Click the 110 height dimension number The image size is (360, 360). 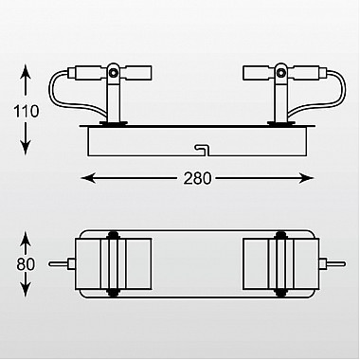[27, 112]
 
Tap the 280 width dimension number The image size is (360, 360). [197, 178]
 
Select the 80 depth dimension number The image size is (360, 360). [26, 264]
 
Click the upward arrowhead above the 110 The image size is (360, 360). [26, 72]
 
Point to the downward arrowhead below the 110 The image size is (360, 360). [26, 148]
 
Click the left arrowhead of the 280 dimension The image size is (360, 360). [89, 178]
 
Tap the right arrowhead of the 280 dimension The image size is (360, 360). [306, 178]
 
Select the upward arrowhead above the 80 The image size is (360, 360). [26, 239]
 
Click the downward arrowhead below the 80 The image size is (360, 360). [26, 289]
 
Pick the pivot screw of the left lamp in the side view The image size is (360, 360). [113, 73]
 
